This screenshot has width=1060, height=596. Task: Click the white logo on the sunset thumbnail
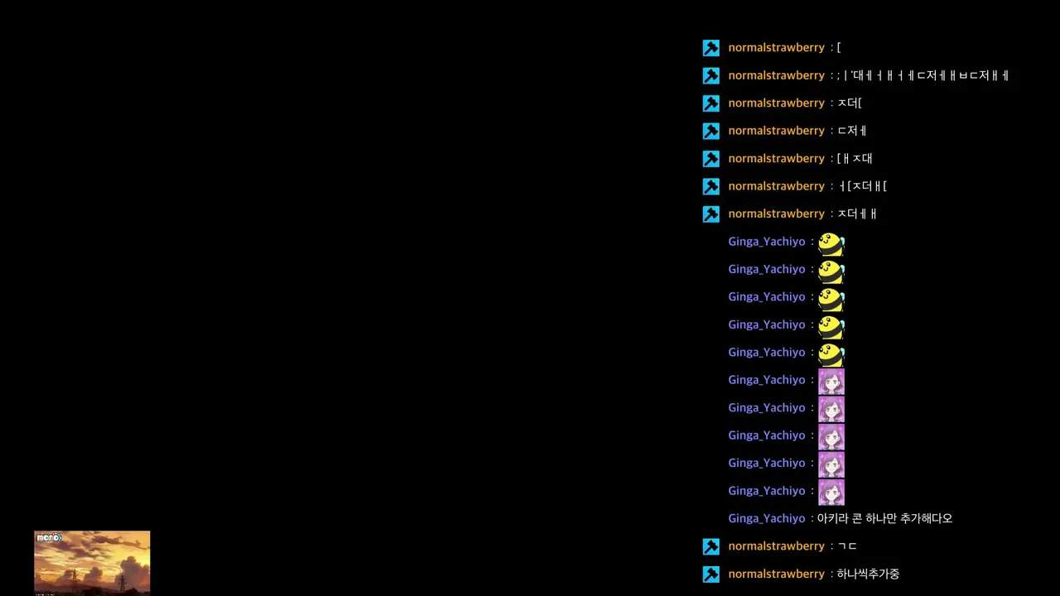(49, 537)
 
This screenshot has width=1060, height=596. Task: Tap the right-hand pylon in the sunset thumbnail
(122, 583)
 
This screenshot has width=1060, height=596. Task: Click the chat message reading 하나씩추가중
(868, 574)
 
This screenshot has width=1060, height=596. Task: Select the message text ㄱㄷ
(847, 546)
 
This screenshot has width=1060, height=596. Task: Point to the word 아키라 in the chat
(832, 518)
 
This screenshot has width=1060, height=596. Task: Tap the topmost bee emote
(831, 244)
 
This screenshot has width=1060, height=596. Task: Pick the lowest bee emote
(831, 355)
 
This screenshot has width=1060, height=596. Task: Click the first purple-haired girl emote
(831, 382)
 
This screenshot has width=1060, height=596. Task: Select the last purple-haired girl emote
(831, 493)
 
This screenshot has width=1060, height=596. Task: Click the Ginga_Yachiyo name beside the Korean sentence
(767, 518)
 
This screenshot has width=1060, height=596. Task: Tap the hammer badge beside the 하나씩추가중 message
(711, 574)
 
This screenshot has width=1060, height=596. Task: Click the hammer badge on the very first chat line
(711, 48)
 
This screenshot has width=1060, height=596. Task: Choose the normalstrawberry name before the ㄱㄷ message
(776, 546)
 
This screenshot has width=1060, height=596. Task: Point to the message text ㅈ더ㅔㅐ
(857, 214)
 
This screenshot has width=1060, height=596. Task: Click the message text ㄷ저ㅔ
(852, 131)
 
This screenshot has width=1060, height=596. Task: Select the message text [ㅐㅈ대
(855, 158)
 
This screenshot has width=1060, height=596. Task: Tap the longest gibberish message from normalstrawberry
(923, 75)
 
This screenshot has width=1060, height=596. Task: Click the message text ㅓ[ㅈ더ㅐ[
(862, 186)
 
